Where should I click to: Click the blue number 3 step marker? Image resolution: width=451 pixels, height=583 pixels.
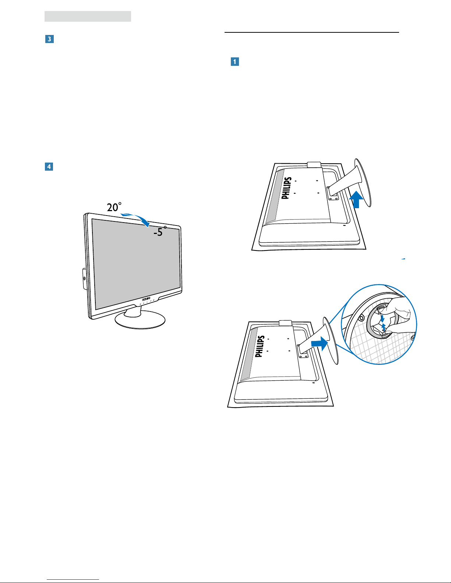49,39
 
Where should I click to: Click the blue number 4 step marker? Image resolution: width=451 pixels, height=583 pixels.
49,167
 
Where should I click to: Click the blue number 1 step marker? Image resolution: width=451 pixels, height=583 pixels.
235,62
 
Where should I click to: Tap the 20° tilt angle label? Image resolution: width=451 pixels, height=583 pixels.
114,207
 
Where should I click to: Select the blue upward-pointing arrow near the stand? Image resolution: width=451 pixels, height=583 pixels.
356,199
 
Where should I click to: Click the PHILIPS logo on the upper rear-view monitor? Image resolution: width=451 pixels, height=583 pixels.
286,188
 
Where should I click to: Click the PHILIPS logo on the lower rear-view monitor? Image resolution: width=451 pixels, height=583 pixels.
259,346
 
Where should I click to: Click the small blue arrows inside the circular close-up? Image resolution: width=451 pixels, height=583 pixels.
383,323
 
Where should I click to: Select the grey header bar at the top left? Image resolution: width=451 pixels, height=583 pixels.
88,16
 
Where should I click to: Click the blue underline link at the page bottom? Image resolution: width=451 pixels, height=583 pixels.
73,580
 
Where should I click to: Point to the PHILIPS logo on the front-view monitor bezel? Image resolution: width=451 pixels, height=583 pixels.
146,299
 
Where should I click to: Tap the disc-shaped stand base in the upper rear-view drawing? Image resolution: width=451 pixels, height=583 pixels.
363,182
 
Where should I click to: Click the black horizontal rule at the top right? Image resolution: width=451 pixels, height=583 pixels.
312,32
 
